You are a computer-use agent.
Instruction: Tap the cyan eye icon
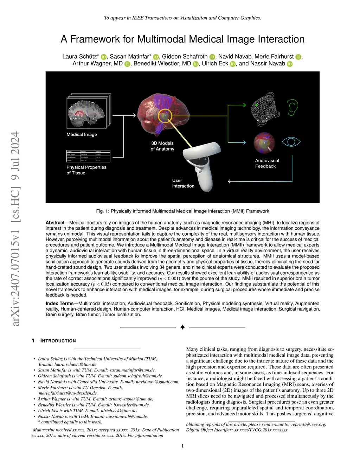291,142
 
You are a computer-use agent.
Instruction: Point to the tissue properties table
88,156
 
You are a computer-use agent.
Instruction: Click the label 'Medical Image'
82,134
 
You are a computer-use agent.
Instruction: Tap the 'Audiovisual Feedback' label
267,163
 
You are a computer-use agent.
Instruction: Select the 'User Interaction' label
183,183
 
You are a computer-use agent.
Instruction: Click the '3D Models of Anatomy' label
162,146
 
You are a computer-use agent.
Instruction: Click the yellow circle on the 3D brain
165,116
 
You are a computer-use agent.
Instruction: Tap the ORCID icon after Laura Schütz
103,57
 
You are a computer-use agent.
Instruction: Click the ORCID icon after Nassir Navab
290,64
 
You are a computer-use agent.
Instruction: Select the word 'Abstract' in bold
55,223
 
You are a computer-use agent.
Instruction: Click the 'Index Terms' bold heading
59,304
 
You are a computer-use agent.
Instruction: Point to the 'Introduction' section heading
58,341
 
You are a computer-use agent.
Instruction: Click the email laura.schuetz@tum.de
75,364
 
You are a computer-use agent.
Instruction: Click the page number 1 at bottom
182,446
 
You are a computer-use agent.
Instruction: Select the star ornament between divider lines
182,327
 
